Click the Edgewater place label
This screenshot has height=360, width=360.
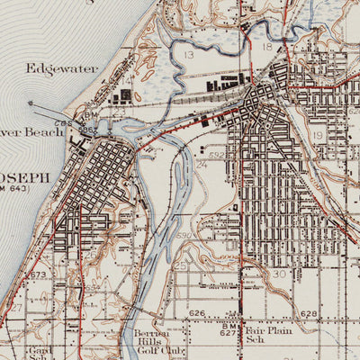click(x=50, y=67)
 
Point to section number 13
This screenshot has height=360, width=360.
click(x=188, y=55)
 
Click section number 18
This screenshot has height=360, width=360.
click(x=266, y=46)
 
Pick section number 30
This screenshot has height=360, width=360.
click(x=279, y=274)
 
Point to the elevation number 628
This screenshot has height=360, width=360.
click(x=309, y=314)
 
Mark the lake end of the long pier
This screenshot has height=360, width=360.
click(x=30, y=103)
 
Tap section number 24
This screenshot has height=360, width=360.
click(x=202, y=165)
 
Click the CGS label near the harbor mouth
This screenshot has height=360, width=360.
click(x=63, y=123)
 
